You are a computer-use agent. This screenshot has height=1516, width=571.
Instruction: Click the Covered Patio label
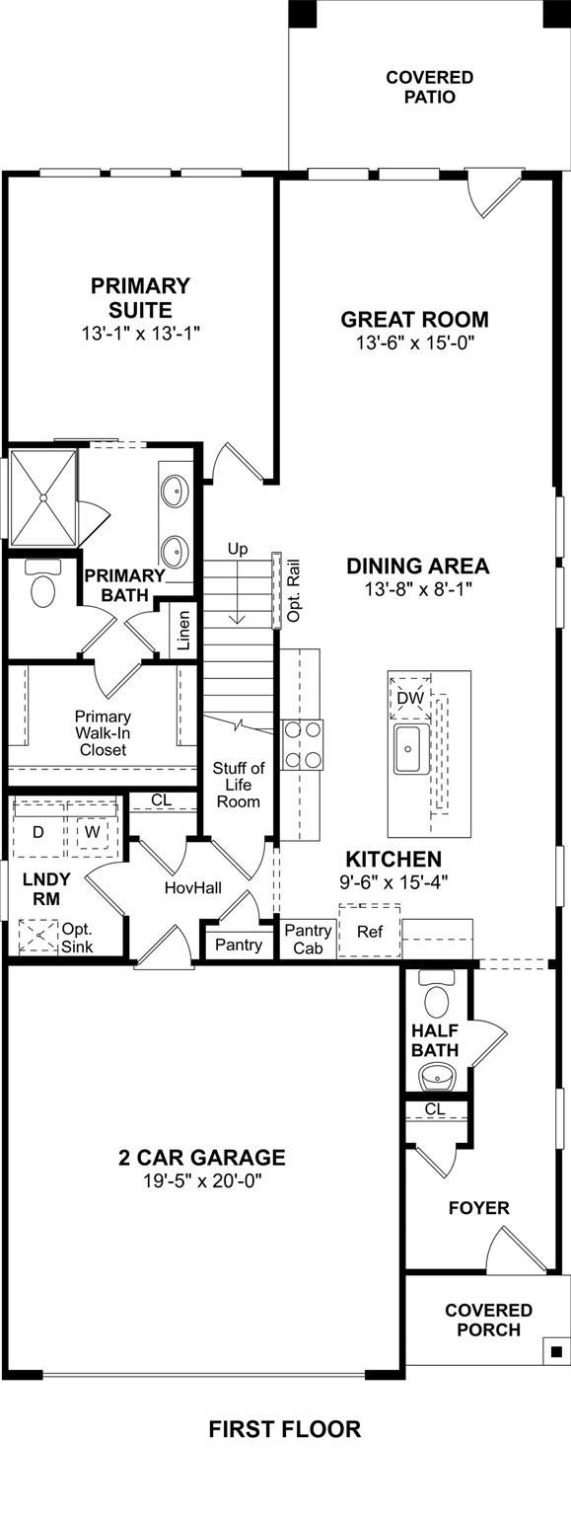(430, 87)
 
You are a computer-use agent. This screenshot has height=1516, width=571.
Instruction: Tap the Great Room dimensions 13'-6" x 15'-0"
(413, 343)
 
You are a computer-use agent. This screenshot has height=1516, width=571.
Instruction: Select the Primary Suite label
(141, 298)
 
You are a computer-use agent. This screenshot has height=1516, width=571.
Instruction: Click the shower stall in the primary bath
(44, 496)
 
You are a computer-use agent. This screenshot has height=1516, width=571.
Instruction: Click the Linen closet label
(183, 631)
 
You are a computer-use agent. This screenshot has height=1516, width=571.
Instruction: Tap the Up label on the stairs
(238, 549)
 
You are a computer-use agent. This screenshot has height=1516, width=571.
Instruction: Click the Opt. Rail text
(293, 590)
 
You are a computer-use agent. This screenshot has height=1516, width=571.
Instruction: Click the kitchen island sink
(411, 748)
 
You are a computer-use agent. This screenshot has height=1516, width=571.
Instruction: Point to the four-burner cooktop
(303, 744)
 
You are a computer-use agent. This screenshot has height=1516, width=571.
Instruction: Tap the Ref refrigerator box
(370, 931)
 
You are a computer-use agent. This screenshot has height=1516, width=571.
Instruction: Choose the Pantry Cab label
(308, 940)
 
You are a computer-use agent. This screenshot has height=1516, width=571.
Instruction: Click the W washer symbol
(92, 832)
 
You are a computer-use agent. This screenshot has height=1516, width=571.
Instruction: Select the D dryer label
(37, 832)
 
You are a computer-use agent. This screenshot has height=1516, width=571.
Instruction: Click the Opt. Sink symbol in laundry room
(38, 936)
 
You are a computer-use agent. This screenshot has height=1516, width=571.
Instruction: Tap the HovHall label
(193, 887)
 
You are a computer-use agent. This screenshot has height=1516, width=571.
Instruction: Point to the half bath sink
(439, 1076)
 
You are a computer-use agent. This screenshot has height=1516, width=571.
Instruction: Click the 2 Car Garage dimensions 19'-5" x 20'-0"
(202, 1181)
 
